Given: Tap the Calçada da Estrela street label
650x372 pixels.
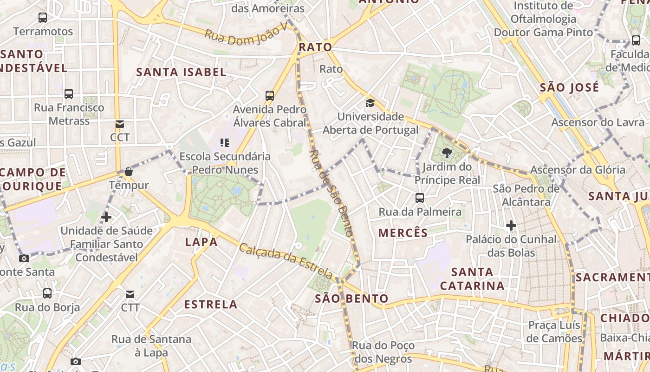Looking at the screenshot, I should [286, 261].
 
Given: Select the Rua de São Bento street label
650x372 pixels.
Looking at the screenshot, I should [331, 193].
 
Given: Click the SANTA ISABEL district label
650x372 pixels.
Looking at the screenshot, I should [181, 72].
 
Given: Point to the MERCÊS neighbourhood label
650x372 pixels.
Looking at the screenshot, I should [403, 233].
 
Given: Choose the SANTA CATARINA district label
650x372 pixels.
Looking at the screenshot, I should [472, 278].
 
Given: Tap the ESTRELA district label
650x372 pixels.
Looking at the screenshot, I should [211, 305].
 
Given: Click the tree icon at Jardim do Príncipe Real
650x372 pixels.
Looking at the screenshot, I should [447, 153].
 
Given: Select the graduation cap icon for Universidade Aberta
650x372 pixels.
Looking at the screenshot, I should [370, 103].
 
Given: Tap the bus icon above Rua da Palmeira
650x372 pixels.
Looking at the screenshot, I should [420, 198].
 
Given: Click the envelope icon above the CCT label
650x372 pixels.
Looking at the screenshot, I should [120, 124].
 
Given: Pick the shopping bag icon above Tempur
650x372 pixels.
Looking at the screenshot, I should [129, 172].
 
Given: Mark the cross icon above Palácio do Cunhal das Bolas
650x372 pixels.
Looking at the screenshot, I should [511, 226].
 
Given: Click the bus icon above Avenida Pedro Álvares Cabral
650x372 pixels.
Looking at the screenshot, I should [270, 96].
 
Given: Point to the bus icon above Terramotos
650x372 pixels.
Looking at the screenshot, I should [43, 18].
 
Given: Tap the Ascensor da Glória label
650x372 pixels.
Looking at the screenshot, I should [578, 170].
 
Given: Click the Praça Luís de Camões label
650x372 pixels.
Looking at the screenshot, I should [554, 332].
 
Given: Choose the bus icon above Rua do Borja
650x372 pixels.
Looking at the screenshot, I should [47, 293].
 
